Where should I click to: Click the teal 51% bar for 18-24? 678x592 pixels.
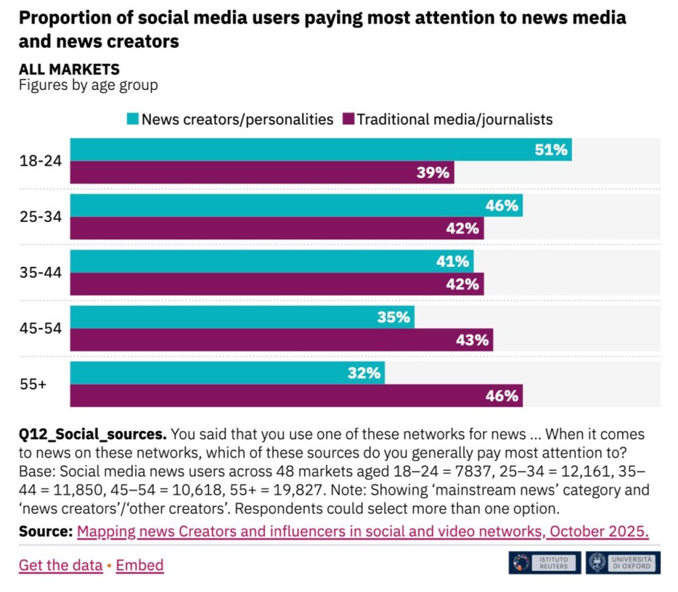(x=320, y=150)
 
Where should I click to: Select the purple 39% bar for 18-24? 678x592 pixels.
(x=262, y=173)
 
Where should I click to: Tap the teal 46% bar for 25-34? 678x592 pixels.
(x=296, y=205)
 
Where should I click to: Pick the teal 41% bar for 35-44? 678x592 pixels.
(x=271, y=262)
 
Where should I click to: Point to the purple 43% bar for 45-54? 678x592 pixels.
(x=281, y=340)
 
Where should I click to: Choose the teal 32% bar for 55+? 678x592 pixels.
(x=227, y=373)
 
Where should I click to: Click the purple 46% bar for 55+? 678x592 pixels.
(x=296, y=396)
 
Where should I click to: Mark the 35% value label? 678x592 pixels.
(x=393, y=317)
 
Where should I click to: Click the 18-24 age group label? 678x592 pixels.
(x=39, y=161)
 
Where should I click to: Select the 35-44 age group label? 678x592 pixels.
(x=39, y=272)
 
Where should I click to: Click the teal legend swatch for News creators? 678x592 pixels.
(x=132, y=120)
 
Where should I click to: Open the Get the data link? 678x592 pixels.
(x=60, y=566)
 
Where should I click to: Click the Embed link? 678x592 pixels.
(x=140, y=566)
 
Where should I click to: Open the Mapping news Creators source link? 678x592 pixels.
(x=362, y=532)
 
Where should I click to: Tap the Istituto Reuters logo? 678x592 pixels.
(x=544, y=563)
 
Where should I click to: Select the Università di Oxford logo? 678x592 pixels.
(x=622, y=563)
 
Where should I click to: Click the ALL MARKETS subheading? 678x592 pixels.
(x=69, y=69)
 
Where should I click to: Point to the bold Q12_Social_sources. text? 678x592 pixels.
(x=93, y=435)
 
